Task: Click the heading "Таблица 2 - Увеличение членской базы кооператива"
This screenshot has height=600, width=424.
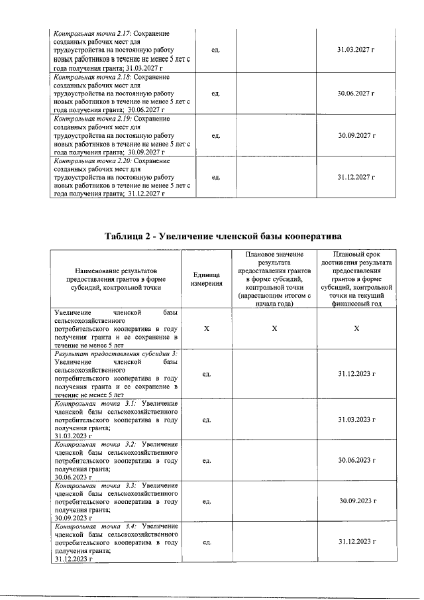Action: [223, 237]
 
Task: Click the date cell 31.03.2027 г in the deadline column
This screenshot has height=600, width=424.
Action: [356, 50]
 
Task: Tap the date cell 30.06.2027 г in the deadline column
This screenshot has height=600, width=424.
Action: [356, 93]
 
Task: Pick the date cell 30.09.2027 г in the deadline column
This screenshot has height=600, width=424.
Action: [356, 136]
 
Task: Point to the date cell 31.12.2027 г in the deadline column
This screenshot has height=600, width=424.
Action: [356, 178]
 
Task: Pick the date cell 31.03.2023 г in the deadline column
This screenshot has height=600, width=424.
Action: [356, 420]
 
